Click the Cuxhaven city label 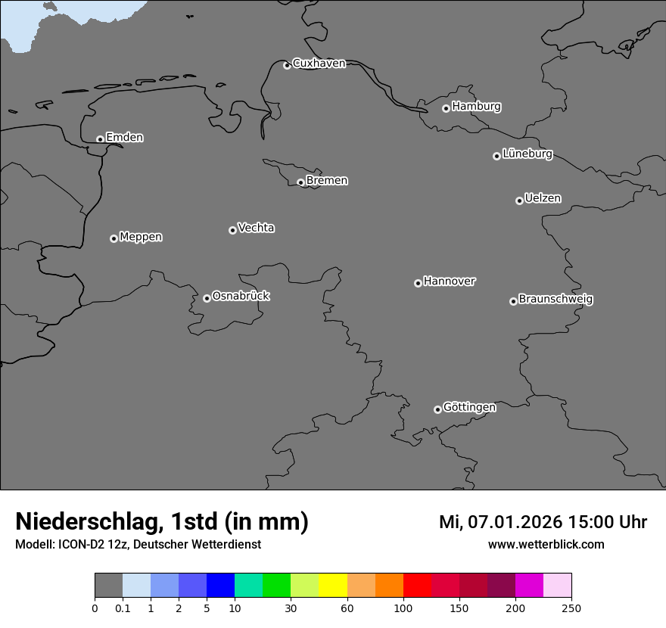319,64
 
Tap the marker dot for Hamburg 446,108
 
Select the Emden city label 124,138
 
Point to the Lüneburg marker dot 496,156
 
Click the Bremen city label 327,181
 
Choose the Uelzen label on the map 543,198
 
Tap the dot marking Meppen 114,238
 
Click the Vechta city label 256,228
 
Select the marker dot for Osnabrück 207,298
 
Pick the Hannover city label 450,281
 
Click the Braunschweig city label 556,299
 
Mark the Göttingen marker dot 437,409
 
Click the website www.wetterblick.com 546,544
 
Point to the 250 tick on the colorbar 571,608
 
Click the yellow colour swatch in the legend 333,586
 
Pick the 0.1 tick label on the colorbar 123,608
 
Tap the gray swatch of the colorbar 108,586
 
